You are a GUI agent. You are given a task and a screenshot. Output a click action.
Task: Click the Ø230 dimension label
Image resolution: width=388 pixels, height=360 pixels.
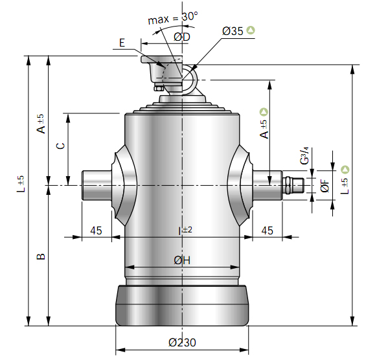[x=182, y=343]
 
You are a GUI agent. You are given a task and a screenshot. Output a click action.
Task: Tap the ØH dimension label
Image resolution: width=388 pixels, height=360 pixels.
[x=182, y=260]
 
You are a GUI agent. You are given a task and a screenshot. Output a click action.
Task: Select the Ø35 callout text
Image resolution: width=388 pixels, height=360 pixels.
[x=233, y=31]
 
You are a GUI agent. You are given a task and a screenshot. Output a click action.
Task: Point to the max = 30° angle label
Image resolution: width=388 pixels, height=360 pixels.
[x=173, y=18]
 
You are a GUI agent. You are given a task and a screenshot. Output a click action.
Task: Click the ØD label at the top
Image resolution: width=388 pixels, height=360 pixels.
[x=182, y=37]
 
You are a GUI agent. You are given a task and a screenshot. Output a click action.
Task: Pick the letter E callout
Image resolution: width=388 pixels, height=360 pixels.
[x=122, y=43]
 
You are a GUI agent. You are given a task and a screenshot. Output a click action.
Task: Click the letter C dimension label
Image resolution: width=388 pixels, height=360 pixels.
[x=61, y=146]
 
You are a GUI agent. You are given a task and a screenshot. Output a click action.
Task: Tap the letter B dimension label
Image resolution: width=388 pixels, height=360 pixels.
[x=41, y=256]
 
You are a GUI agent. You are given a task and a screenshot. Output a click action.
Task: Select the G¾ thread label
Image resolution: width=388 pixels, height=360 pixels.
[x=304, y=155]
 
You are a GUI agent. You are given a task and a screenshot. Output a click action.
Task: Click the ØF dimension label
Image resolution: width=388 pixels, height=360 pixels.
[x=325, y=186]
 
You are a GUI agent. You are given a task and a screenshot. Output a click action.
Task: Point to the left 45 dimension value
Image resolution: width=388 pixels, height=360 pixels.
[x=96, y=231]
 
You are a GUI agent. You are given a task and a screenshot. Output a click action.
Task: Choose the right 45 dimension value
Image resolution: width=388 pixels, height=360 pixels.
[x=268, y=231]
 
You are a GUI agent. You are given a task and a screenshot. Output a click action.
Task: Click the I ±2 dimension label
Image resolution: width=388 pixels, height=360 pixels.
[x=185, y=231]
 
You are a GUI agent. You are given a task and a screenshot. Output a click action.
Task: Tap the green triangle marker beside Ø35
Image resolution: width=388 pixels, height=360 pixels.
[x=251, y=30]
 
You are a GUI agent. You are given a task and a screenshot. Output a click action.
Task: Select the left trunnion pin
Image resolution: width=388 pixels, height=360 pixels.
[x=97, y=185]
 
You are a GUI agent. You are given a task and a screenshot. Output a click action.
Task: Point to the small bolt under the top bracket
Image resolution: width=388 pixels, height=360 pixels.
[x=158, y=88]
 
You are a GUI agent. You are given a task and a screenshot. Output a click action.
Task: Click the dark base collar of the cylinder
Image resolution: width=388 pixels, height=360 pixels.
[x=182, y=306]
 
